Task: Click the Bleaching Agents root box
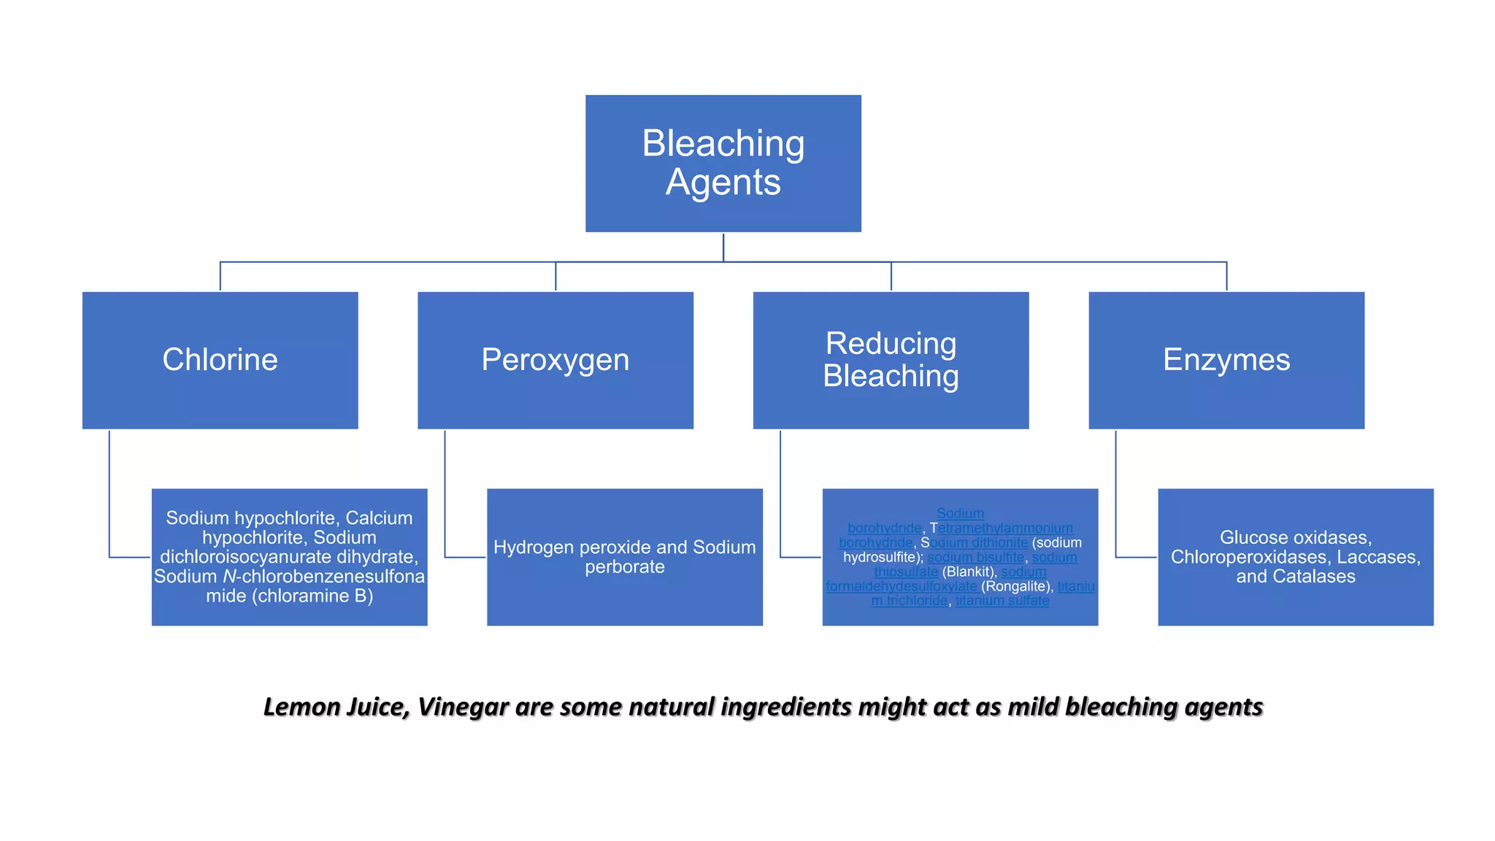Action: [723, 163]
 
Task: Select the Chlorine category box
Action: [220, 360]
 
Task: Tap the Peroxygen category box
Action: [555, 360]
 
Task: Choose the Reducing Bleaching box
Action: [891, 360]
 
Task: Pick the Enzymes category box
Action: [1226, 360]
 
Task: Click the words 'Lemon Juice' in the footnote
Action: [335, 707]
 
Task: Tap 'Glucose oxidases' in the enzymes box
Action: [1295, 538]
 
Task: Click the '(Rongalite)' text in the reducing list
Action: [1015, 587]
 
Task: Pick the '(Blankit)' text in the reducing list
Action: [969, 572]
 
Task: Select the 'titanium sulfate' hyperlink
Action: [1002, 601]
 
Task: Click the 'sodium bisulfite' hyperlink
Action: [976, 558]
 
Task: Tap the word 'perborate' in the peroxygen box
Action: [625, 567]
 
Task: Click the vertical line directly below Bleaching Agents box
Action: [723, 247]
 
